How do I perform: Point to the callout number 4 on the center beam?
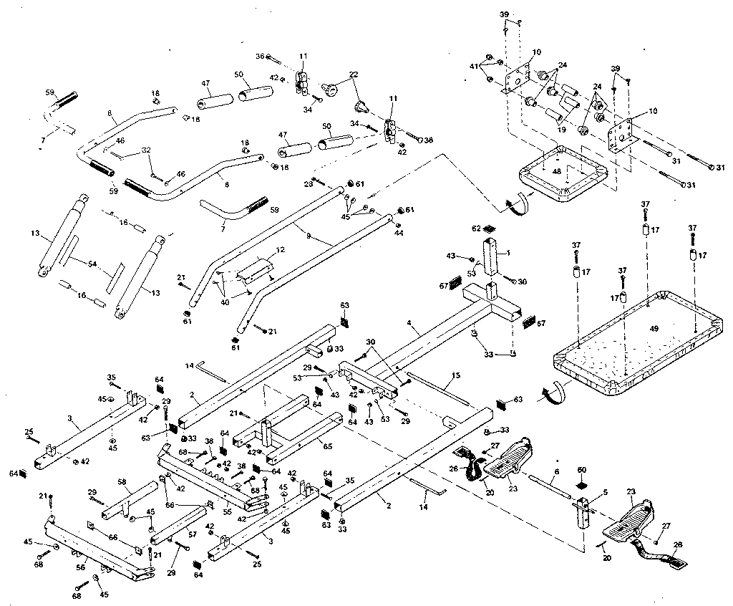[409, 324]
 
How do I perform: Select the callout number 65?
[328, 446]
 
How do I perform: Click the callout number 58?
[122, 482]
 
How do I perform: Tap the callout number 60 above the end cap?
[581, 469]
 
